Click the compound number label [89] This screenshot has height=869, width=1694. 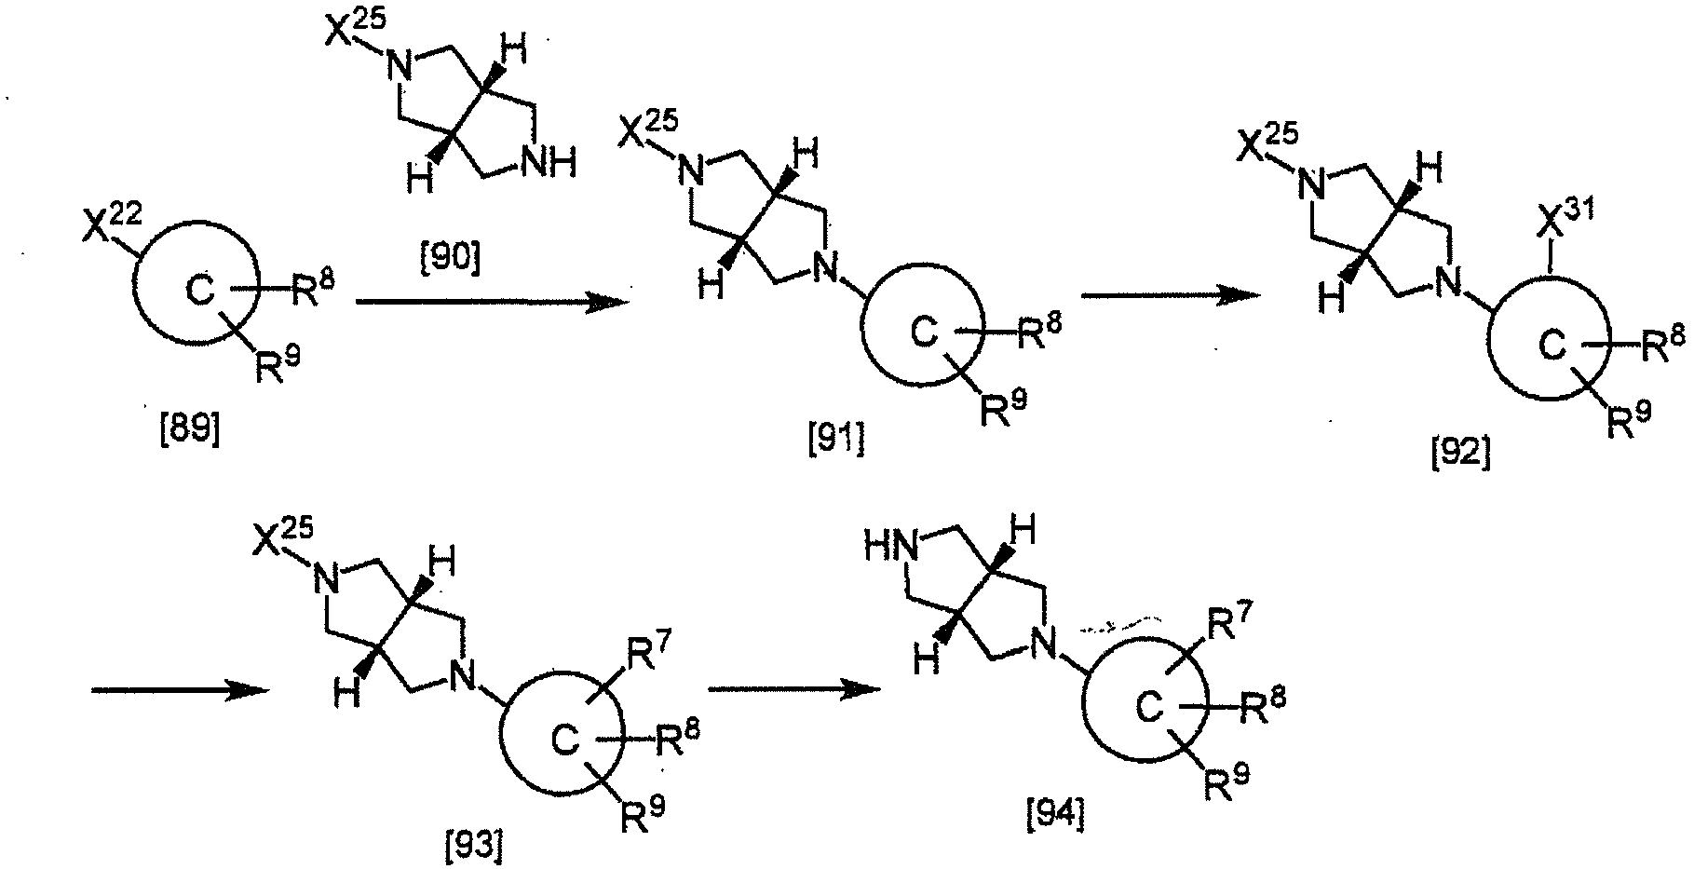click(x=190, y=435)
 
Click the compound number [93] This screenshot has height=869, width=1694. click(x=476, y=845)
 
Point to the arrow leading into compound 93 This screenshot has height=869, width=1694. click(x=180, y=690)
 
